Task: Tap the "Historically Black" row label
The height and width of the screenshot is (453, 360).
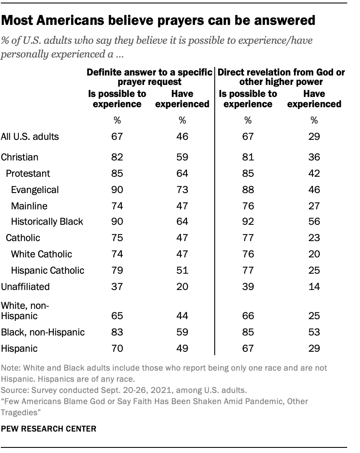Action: point(48,222)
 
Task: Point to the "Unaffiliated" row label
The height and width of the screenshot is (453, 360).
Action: point(26,286)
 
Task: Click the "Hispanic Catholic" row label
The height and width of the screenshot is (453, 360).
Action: point(48,270)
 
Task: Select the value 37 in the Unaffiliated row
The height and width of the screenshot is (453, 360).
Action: point(117,286)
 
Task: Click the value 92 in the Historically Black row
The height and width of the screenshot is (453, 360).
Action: point(247,222)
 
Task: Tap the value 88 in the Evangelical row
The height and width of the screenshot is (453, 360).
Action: point(247,190)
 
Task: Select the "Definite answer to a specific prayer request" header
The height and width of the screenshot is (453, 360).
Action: point(150,77)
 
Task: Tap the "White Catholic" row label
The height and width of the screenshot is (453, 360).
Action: point(42,254)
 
